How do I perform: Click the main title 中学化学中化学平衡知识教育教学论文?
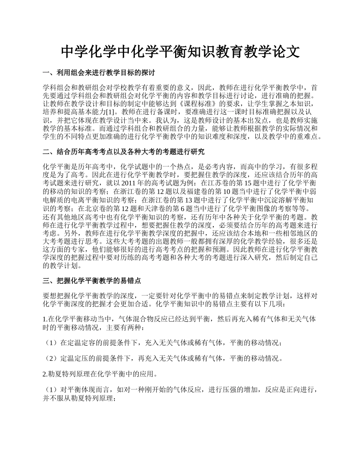pyautogui.click(x=180, y=52)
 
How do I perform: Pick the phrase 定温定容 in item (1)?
pyautogui.click(x=81, y=343)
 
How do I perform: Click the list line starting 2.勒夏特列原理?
pyautogui.click(x=100, y=374)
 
